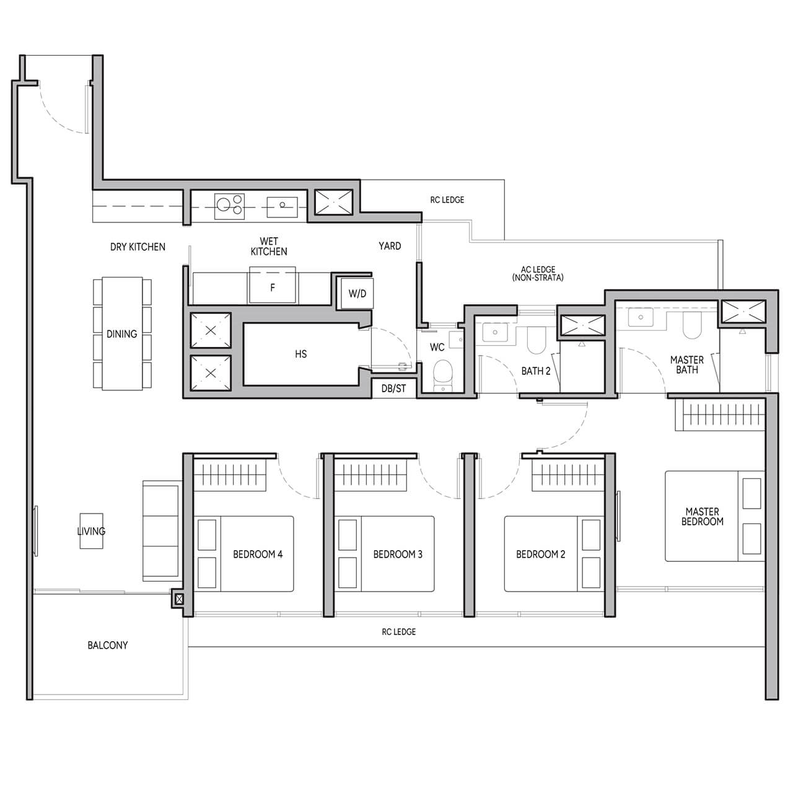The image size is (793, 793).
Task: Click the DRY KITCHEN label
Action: click(138, 247)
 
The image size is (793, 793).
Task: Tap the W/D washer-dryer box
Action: click(357, 294)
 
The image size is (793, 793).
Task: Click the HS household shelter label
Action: click(300, 354)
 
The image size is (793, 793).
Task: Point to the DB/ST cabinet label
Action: click(393, 388)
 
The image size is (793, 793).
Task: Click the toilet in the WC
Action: click(442, 374)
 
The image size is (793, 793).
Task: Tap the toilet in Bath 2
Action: click(535, 339)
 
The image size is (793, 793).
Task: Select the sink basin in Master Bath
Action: click(638, 317)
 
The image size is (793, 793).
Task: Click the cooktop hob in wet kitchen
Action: click(230, 206)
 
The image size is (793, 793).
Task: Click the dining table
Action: click(122, 334)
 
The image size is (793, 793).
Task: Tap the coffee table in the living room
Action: click(91, 531)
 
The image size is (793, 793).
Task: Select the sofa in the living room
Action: click(161, 532)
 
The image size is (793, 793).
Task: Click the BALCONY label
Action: click(108, 646)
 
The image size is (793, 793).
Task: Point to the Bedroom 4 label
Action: click(258, 554)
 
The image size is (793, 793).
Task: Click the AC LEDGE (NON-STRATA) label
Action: click(538, 273)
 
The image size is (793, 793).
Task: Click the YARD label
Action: click(390, 246)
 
